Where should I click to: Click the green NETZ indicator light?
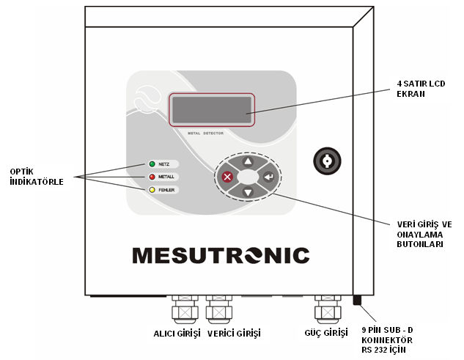(x=152, y=164)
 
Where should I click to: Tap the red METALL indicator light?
(x=152, y=177)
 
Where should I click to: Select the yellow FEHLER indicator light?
(x=152, y=190)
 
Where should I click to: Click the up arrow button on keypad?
(x=248, y=161)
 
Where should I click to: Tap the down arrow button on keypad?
(x=248, y=193)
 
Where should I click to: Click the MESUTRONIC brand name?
(x=221, y=255)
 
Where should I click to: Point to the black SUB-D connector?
(x=357, y=300)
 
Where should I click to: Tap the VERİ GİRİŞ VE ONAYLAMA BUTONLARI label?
(x=420, y=234)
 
